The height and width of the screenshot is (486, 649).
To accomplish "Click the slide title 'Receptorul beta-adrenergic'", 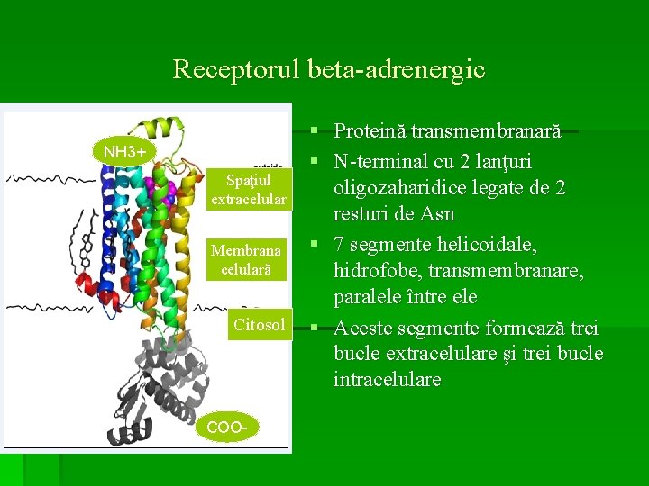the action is (328, 68).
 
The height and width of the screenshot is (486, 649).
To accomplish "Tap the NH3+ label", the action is (124, 150).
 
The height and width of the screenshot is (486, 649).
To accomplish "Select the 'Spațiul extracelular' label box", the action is (248, 190).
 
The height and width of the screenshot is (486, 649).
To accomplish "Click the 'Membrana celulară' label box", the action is (245, 259).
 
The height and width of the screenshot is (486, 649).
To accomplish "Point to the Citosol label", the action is (259, 324).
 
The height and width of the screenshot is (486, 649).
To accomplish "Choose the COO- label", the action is (226, 426).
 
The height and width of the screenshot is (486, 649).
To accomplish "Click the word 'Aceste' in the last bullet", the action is (363, 326).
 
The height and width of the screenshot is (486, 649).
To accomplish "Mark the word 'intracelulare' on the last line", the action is (388, 380).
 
